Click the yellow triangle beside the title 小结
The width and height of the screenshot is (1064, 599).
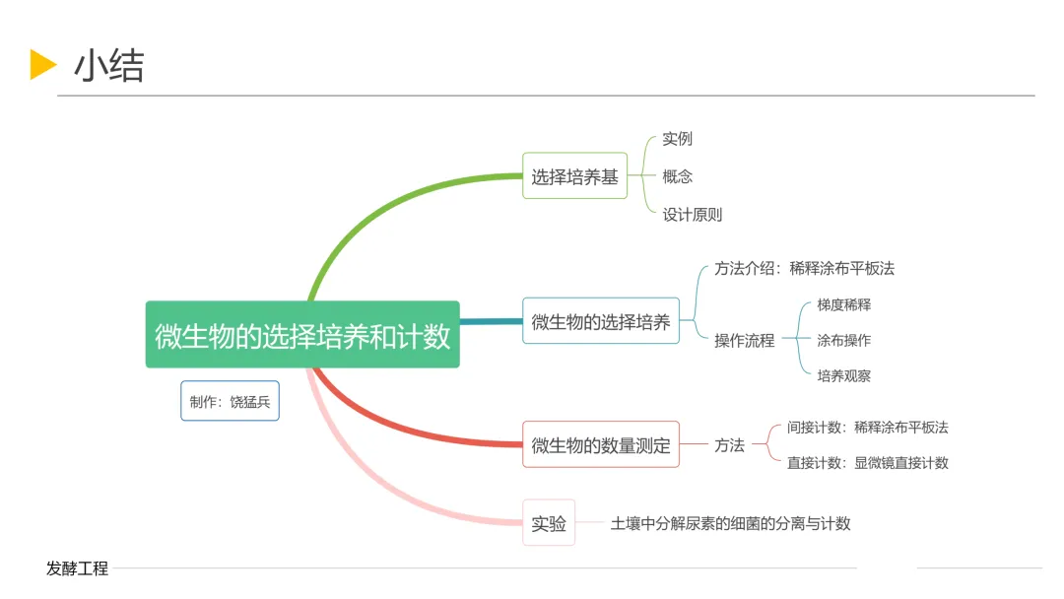tap(43, 64)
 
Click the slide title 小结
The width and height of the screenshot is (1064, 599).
tap(108, 66)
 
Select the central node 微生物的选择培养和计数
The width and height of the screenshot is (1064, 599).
tap(302, 335)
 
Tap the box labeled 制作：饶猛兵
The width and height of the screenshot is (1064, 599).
tap(230, 401)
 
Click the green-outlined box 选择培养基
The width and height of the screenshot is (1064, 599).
tap(574, 176)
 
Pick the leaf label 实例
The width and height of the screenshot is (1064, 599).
tap(677, 139)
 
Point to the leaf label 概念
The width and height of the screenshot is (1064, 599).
tap(677, 176)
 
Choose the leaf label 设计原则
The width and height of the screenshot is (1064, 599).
tap(692, 214)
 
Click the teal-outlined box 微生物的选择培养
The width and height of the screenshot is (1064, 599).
tap(600, 321)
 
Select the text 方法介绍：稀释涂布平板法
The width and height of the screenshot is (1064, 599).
tap(804, 268)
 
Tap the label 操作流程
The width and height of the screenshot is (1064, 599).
tap(744, 340)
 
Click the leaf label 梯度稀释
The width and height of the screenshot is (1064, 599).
tap(843, 304)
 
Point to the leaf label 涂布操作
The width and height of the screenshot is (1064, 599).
tap(843, 340)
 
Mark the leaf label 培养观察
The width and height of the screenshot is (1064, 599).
tap(843, 375)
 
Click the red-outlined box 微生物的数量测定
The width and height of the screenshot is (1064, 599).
tap(600, 445)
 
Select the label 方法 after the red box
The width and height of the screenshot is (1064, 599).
tap(729, 445)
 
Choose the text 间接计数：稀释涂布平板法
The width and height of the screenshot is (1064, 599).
tap(867, 428)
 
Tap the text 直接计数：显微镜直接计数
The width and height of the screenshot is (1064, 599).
tap(867, 463)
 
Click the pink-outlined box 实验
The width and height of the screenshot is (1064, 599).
tap(549, 523)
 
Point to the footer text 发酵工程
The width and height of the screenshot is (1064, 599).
tap(77, 568)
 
